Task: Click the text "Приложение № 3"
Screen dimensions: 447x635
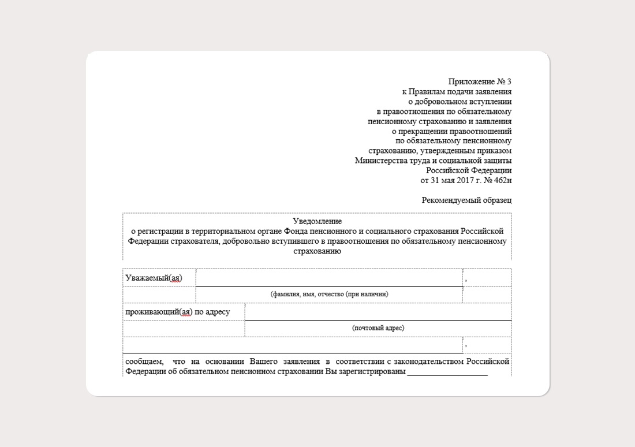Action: tap(480, 82)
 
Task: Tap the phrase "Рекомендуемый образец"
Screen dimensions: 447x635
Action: tap(466, 200)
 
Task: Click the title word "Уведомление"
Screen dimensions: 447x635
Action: tap(317, 221)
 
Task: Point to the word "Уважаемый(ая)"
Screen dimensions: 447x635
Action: tap(154, 278)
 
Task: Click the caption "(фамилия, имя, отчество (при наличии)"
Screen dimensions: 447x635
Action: tap(329, 294)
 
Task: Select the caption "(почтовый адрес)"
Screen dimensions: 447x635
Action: tap(378, 328)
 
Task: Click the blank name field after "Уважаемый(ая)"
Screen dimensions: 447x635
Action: tap(329, 278)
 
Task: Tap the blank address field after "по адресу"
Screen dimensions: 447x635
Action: tap(378, 312)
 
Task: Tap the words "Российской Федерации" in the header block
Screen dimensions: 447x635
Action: tap(469, 170)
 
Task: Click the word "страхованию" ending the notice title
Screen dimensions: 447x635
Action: tap(317, 251)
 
